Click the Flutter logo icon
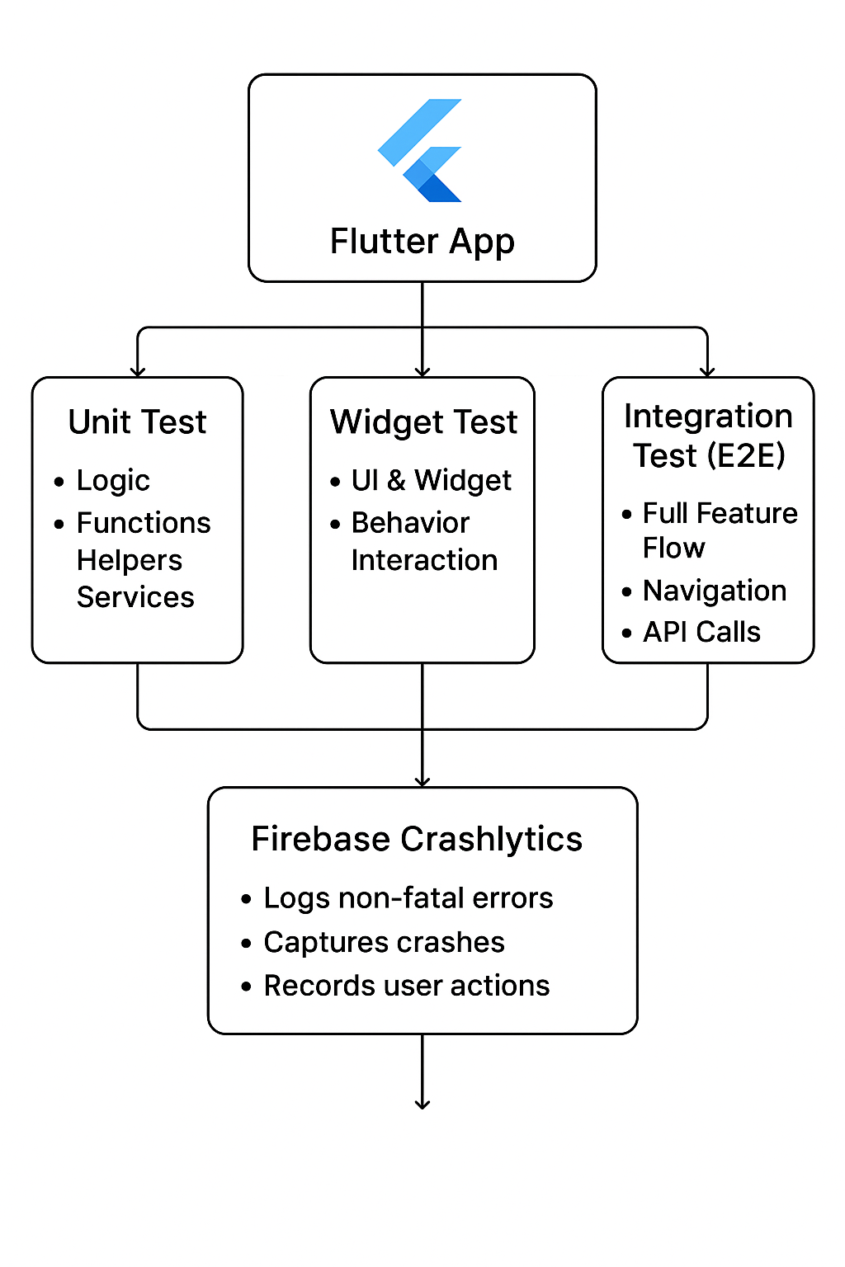pos(421,150)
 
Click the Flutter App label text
pos(422,242)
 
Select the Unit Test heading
pos(137,422)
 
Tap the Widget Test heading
pos(423,422)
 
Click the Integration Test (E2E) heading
pos(708,436)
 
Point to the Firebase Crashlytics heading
pos(417,839)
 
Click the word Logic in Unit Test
pos(113,480)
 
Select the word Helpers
pos(130,560)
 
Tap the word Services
pos(135,597)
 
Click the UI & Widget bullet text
pos(431,480)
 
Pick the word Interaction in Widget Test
pos(424,560)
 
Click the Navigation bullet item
pos(714,591)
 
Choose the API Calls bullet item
pos(701,632)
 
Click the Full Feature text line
pos(720,513)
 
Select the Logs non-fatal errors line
pos(408,898)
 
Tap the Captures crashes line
pos(384,942)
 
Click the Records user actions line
pos(406,986)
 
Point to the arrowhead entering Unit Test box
pos(138,372)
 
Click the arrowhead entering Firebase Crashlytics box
pos(422,781)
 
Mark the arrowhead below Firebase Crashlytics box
pos(422,1104)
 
